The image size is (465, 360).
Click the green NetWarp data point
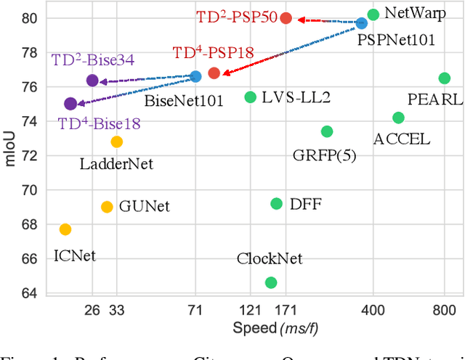373,15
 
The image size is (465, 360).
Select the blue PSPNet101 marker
362,23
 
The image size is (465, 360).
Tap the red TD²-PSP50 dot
286,18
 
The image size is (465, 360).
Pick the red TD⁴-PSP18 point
214,73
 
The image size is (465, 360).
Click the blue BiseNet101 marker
195,76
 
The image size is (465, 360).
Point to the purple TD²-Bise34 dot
92,81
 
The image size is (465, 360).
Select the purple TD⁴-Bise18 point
70,104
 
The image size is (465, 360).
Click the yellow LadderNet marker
117,142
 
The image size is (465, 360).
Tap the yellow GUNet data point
107,207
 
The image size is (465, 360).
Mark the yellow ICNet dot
65,229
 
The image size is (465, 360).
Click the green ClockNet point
271,282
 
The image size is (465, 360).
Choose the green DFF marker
276,204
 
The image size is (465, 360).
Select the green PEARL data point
445,78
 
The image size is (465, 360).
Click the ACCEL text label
402,138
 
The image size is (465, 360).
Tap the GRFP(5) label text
324,155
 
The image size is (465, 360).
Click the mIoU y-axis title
9,156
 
